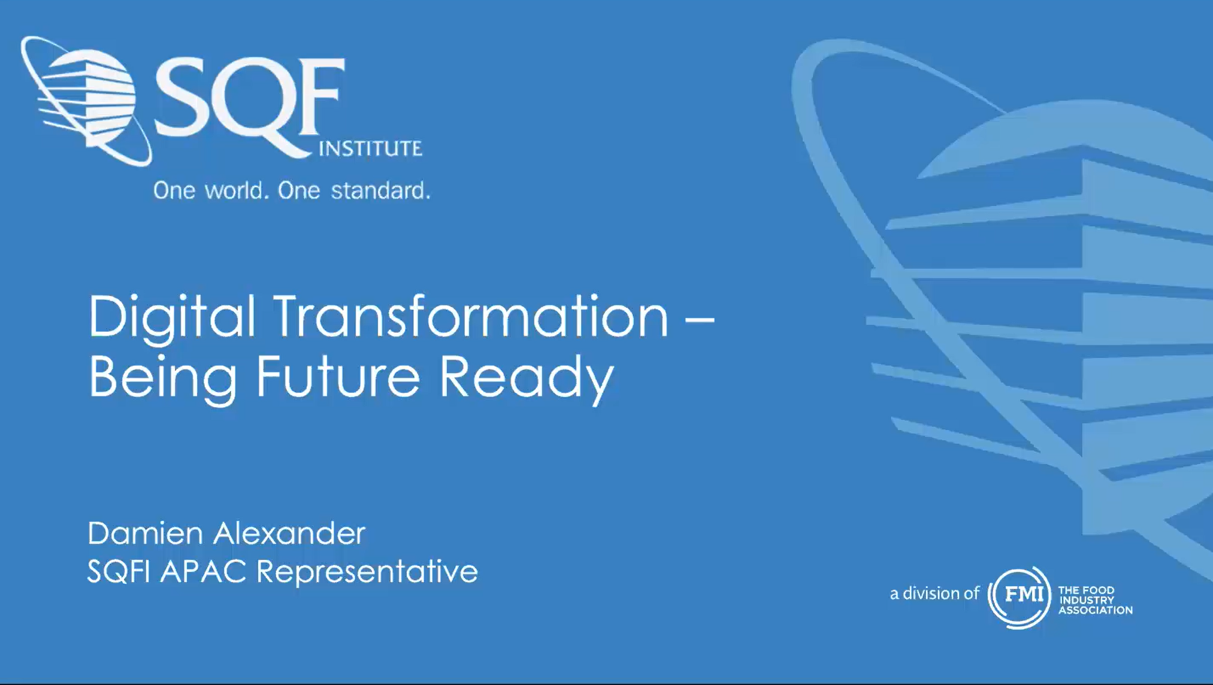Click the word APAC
click(204, 571)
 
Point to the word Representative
click(367, 571)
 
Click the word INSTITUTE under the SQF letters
click(371, 148)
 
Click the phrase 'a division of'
click(934, 593)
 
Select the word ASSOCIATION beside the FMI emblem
click(1096, 610)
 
